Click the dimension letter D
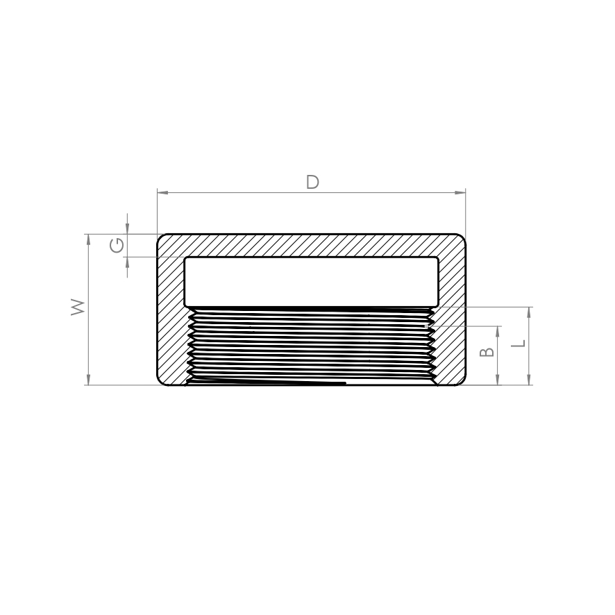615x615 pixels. click(312, 183)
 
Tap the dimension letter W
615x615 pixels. click(78, 307)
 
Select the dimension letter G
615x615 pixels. click(117, 246)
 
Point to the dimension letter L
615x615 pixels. click(518, 343)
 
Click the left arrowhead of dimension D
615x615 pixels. click(162, 192)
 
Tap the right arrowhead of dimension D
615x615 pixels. click(460, 192)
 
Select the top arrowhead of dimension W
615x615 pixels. click(88, 239)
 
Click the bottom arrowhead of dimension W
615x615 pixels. click(88, 379)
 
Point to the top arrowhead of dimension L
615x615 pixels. click(529, 312)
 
